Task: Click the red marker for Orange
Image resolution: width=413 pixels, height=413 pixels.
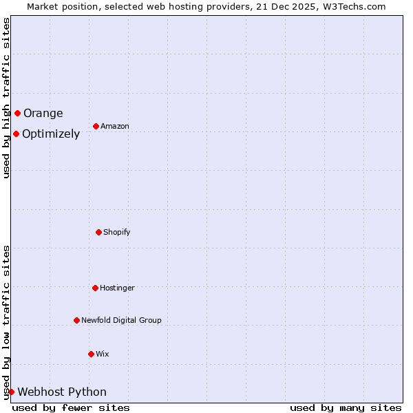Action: (17, 113)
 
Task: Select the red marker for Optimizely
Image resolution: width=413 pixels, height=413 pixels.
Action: (16, 134)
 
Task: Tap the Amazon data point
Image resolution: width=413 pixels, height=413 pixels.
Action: (96, 126)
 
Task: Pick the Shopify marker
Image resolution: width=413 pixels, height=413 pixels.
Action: (98, 232)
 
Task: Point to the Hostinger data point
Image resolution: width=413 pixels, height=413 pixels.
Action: (95, 288)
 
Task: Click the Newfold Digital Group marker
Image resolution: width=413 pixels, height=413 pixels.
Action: (76, 320)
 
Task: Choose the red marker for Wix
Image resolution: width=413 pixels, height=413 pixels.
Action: (91, 354)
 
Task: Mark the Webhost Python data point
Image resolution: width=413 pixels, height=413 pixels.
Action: (11, 392)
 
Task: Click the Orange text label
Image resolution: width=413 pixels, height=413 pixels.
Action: (43, 114)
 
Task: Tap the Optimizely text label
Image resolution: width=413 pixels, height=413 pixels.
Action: (51, 134)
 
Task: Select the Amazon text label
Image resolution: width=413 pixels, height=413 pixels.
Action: (115, 127)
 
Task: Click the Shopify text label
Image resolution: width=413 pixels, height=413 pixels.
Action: (117, 233)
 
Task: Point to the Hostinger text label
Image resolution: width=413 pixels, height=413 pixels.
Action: (117, 288)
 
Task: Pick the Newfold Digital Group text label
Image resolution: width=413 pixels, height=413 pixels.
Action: (121, 321)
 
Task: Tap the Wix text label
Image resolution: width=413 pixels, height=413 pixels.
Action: (103, 354)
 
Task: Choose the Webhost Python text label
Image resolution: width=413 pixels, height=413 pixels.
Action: (62, 392)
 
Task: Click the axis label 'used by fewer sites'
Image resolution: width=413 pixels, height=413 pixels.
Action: (71, 407)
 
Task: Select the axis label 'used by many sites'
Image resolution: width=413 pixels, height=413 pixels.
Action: (346, 407)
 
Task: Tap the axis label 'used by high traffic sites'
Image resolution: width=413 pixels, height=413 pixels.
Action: (6, 98)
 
